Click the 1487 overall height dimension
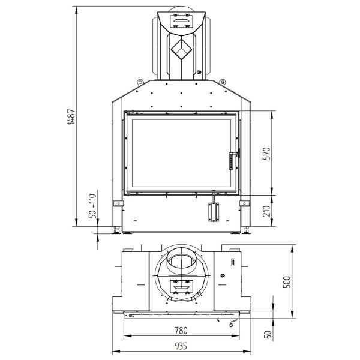click(x=71, y=116)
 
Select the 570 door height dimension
click(x=267, y=154)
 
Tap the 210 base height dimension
click(x=267, y=211)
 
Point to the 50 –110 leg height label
click(x=92, y=206)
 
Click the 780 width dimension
click(x=181, y=331)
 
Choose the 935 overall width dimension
click(x=181, y=346)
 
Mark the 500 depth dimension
click(x=287, y=282)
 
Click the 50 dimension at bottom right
click(x=268, y=334)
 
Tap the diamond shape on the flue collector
click(x=181, y=49)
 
